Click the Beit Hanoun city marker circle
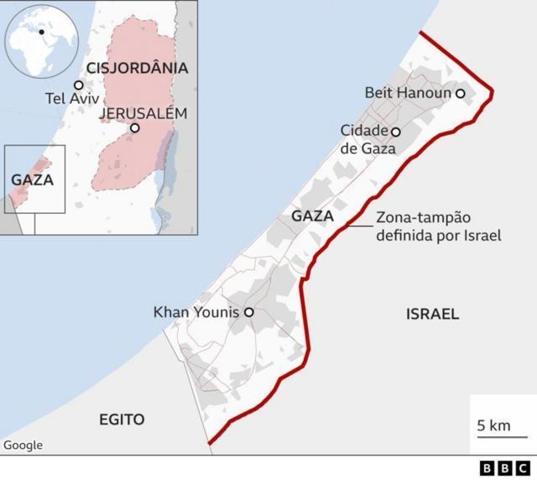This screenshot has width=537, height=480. point(460,94)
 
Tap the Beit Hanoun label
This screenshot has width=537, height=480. point(409,93)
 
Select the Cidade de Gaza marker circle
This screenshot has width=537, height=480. point(396,132)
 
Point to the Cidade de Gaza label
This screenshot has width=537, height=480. point(364,139)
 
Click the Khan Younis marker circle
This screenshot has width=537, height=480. point(248,312)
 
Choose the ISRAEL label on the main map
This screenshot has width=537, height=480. point(432,314)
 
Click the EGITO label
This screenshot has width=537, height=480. point(122,420)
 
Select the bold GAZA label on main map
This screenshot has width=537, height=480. point(313,217)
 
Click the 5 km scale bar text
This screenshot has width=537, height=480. point(493,425)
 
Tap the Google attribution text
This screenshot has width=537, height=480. point(23,446)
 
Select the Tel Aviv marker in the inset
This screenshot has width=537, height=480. point(79,85)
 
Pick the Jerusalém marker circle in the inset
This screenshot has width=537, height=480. point(134,128)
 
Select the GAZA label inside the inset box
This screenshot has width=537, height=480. point(33,179)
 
